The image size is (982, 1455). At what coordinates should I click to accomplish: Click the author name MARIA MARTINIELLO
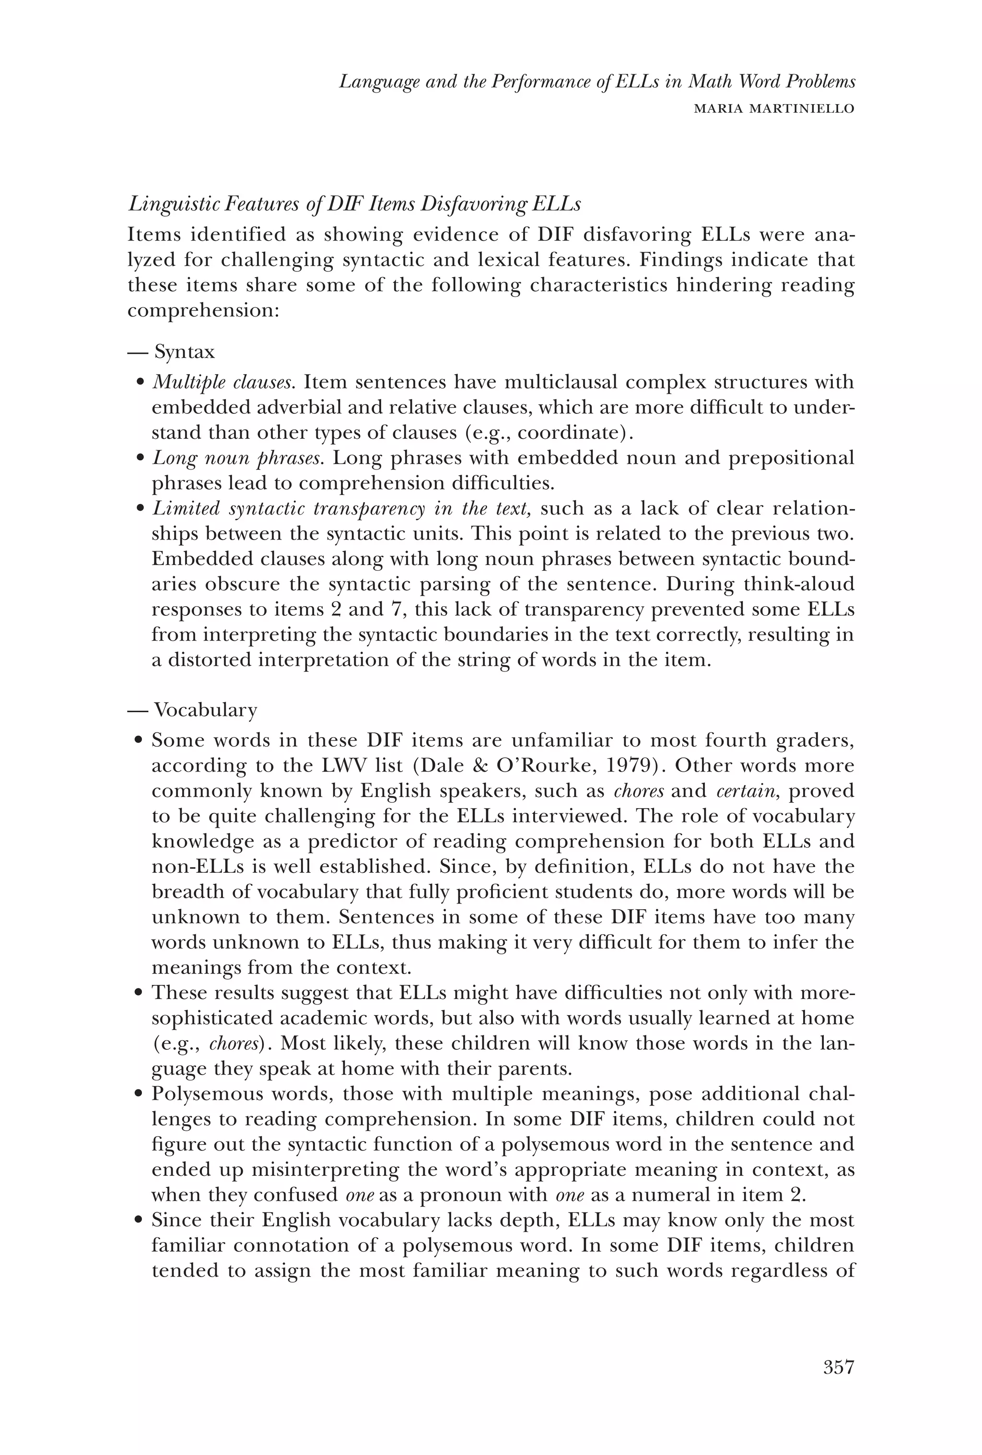tap(774, 109)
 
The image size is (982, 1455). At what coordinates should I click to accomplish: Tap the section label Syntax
tap(184, 352)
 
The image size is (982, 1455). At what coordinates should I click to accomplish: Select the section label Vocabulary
tap(205, 711)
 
